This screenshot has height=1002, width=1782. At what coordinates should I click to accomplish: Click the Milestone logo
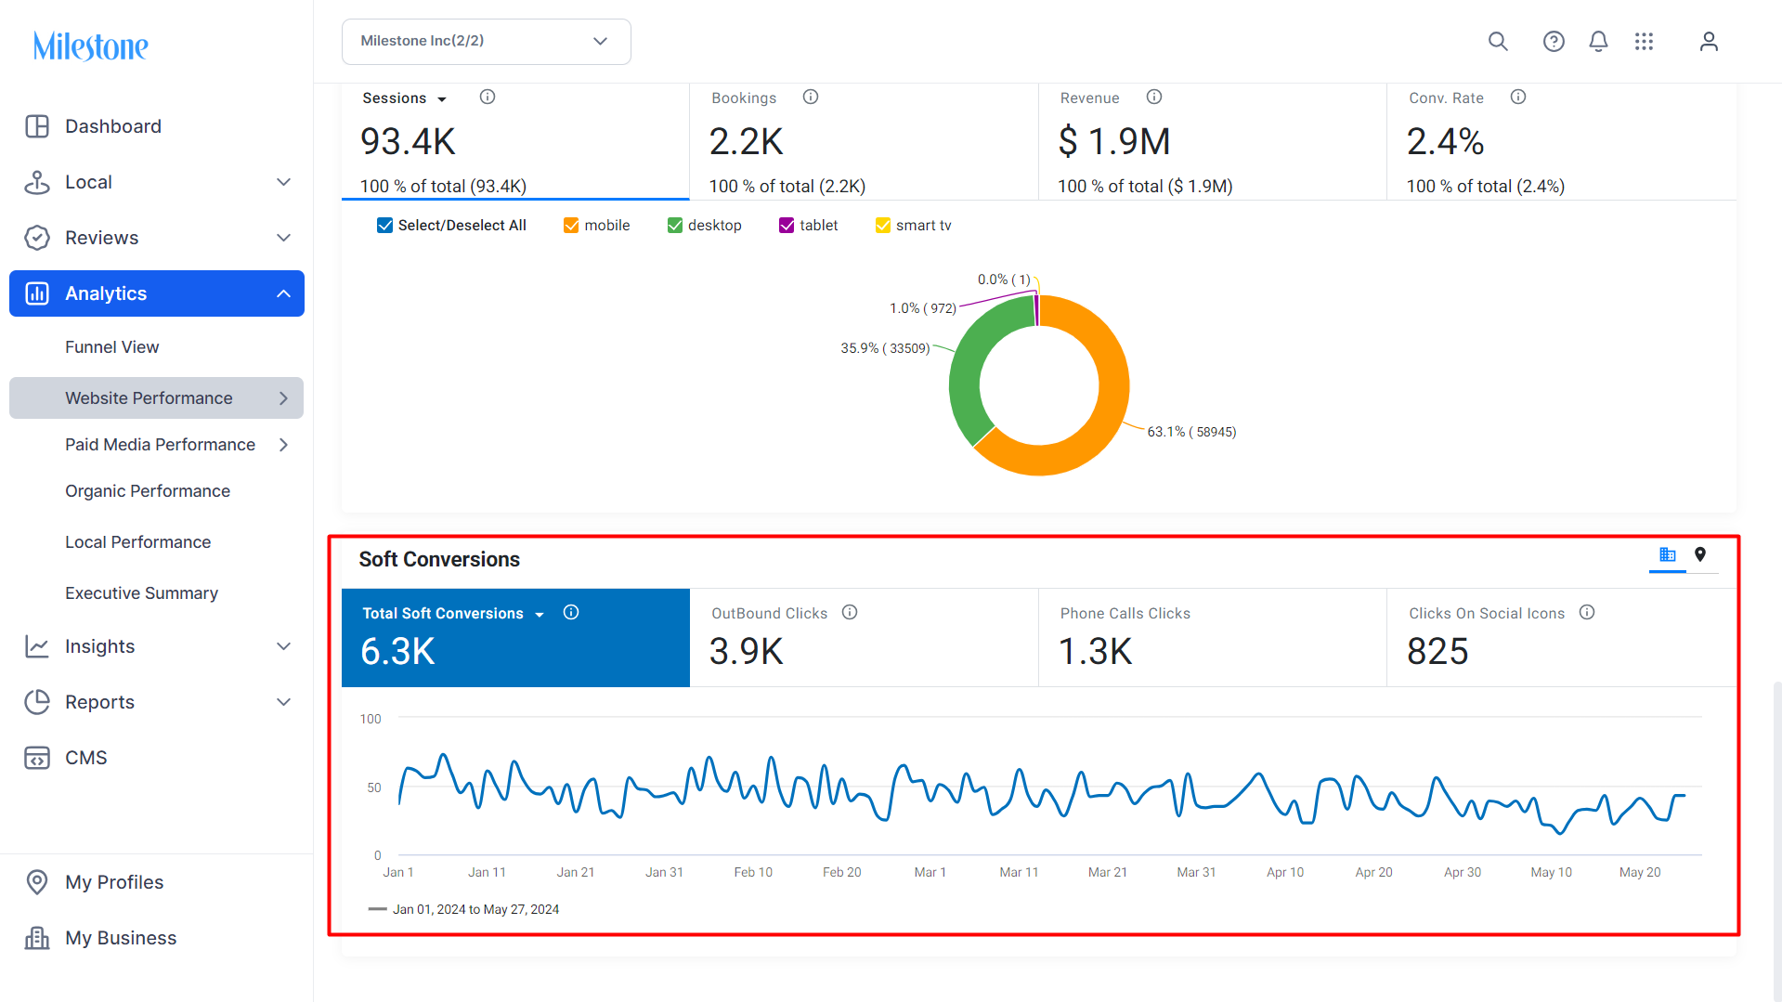pos(90,46)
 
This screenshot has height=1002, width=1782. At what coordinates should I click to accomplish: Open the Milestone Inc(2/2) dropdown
pos(486,42)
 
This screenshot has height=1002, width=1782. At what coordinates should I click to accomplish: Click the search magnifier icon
pos(1498,42)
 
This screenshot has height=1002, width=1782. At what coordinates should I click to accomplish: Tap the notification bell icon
pos(1598,42)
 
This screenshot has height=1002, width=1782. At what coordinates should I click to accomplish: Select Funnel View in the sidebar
pos(111,347)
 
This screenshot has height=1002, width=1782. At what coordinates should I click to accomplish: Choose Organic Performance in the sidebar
pos(148,491)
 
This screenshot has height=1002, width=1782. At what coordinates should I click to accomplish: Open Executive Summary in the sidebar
pos(141,593)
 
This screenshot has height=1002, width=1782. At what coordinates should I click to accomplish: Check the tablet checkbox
pos(787,226)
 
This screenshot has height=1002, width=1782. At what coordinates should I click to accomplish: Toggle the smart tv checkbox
pos(883,226)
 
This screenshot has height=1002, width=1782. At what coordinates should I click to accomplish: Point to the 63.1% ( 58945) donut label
pos(1191,432)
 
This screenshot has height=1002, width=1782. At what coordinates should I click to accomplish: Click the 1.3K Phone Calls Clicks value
pos(1095,652)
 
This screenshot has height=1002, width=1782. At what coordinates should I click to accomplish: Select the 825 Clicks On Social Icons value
pos(1437,652)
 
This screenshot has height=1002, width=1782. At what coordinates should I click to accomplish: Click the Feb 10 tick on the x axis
pos(753,872)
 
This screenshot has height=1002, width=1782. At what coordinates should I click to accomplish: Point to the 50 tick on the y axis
pos(374,787)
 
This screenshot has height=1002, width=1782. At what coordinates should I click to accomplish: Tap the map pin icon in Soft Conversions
pos(1700,554)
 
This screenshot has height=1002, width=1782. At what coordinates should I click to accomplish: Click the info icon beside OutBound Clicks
pos(850,613)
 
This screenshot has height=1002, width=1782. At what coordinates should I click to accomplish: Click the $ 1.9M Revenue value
pos(1114,142)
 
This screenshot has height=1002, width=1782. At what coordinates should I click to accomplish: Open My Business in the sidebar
pos(121,938)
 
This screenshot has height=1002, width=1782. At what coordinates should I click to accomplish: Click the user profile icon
pos(1709,42)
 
